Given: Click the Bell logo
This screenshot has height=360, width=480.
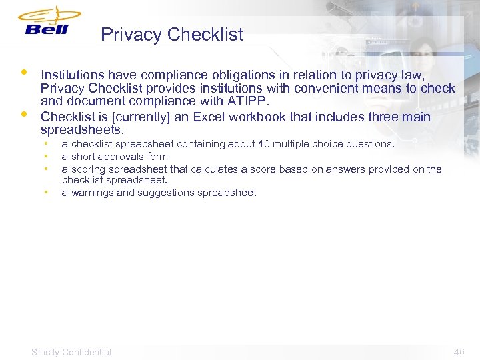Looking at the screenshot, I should [x=47, y=23].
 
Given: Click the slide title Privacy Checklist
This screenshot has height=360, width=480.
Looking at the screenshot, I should [x=172, y=35].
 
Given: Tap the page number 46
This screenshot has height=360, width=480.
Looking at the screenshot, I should [x=459, y=352].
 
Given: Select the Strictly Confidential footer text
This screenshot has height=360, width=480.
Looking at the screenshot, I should [x=71, y=352].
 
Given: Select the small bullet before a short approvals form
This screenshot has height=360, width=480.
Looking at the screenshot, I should [x=46, y=157].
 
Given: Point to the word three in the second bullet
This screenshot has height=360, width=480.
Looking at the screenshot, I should [x=379, y=117].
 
